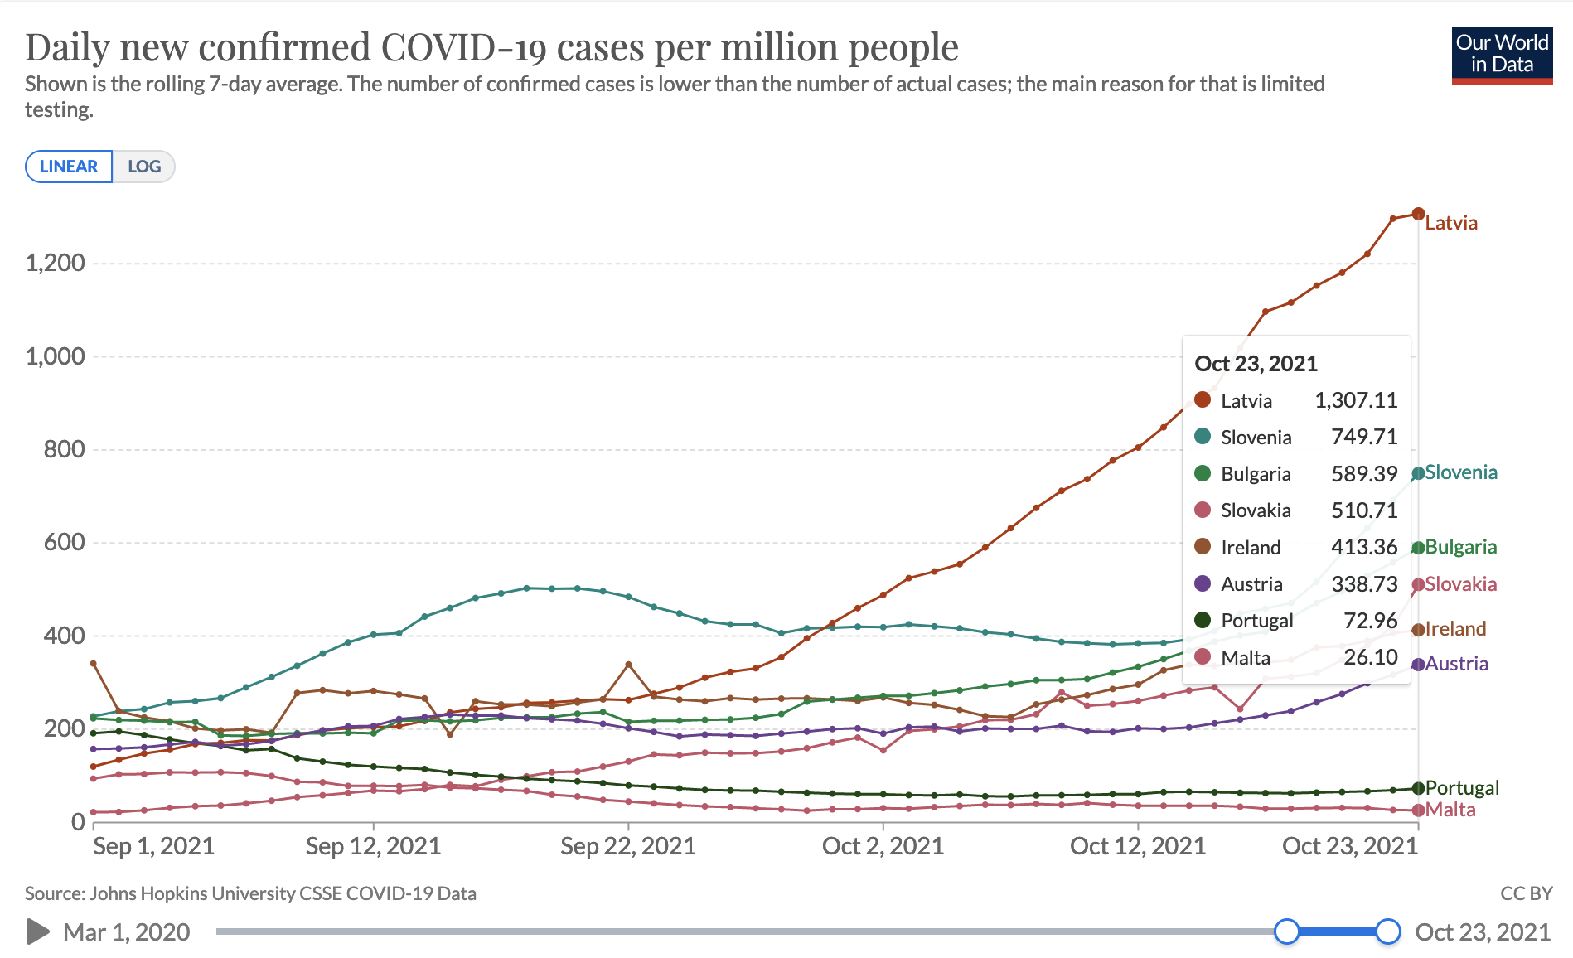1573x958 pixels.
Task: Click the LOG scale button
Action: pos(144,167)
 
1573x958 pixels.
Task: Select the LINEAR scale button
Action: pos(69,167)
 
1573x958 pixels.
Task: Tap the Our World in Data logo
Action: pos(1502,55)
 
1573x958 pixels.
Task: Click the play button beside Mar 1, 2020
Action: pos(37,931)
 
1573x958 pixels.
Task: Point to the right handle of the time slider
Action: pos(1388,931)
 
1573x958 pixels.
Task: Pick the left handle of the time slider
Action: pos(1286,931)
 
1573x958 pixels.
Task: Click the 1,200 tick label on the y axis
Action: pos(56,264)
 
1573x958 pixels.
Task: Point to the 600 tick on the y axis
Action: pos(65,542)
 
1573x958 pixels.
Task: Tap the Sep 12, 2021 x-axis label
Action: pos(373,846)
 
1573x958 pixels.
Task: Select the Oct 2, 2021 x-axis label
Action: pos(883,846)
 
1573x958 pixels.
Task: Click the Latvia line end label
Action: pos(1451,223)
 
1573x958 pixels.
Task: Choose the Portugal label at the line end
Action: pos(1462,788)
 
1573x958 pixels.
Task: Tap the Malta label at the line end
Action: pos(1450,810)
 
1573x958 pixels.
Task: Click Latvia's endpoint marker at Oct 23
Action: pos(1418,214)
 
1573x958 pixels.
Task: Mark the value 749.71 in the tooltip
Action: pos(1364,437)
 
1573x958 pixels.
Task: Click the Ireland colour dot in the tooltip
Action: pos(1203,547)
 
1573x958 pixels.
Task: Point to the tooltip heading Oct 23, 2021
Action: pos(1256,364)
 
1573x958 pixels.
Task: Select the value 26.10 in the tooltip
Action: pos(1371,657)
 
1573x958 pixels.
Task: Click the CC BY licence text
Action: pos(1526,893)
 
